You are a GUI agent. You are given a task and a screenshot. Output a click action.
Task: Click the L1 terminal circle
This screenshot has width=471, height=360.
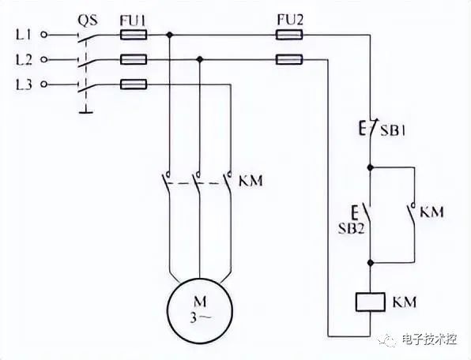pos(43,35)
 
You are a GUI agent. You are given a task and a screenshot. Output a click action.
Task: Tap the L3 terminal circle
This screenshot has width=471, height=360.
pos(43,84)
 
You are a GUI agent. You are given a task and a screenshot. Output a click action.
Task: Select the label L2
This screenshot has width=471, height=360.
pos(24,60)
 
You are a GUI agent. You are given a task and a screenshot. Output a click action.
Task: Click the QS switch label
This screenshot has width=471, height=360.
pos(88,21)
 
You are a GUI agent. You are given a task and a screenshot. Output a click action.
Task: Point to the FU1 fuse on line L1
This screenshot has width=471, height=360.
pos(134,35)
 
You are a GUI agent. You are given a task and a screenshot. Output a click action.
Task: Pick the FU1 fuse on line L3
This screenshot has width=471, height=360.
pos(134,84)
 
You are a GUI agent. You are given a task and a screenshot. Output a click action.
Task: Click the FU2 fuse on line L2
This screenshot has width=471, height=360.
pos(289,60)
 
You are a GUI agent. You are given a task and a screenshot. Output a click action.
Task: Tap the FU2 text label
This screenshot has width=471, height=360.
pos(290,20)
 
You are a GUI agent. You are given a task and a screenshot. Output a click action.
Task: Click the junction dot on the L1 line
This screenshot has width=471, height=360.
pos(170,35)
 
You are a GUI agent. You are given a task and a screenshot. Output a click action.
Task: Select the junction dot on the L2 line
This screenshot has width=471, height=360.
pos(200,59)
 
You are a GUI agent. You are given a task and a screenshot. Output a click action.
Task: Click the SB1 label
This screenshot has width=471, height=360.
pos(393,131)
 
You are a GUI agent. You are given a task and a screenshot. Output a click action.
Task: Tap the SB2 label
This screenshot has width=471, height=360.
pos(352,229)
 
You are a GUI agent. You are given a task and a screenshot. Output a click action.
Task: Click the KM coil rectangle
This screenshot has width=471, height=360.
pos(370,302)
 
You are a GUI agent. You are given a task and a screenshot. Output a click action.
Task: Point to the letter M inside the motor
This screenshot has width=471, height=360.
pos(200,302)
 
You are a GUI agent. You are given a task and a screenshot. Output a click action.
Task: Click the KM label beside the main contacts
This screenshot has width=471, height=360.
pos(251,181)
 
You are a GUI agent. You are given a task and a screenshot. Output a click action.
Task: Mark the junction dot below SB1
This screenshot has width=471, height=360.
pos(371,167)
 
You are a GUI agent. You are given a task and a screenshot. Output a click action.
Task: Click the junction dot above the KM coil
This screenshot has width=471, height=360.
pos(371,263)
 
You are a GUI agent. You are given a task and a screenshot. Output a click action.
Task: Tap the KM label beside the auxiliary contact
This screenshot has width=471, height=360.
pos(431,212)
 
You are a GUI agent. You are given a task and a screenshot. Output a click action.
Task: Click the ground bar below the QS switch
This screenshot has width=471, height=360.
pos(86,112)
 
